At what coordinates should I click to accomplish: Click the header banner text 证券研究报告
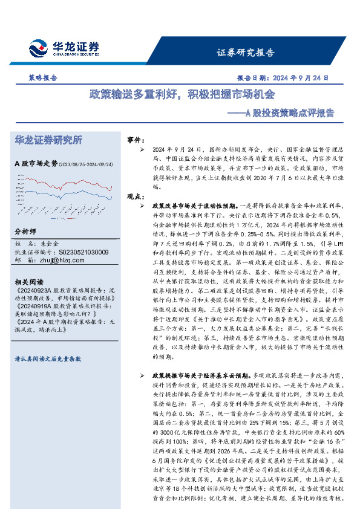click(245, 52)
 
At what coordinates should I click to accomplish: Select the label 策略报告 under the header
click(43, 78)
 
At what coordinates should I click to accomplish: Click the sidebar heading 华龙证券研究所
click(48, 140)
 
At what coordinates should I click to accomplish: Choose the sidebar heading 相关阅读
click(28, 282)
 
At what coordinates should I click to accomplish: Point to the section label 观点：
click(135, 196)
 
